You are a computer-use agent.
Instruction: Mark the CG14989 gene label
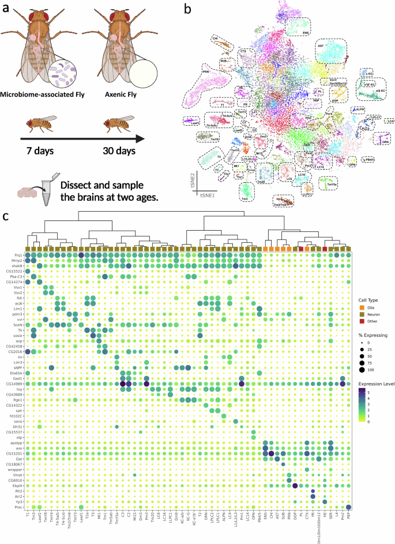pos(14,383)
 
